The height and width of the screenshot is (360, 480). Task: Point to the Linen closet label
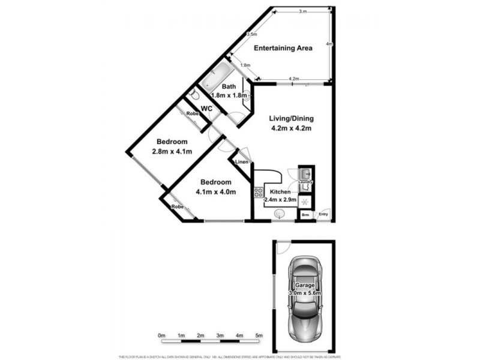[241, 162]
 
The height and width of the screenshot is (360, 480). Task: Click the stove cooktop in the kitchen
[259, 193]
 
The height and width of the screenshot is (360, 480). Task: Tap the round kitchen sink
[279, 213]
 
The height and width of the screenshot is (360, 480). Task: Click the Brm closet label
[305, 214]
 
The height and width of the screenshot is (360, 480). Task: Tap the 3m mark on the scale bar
[220, 335]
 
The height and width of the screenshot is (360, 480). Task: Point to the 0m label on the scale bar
[161, 335]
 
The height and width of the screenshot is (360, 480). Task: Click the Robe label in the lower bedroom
[178, 207]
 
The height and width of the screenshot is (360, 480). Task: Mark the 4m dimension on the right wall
[329, 44]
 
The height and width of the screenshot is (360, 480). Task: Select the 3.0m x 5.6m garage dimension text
[305, 293]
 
